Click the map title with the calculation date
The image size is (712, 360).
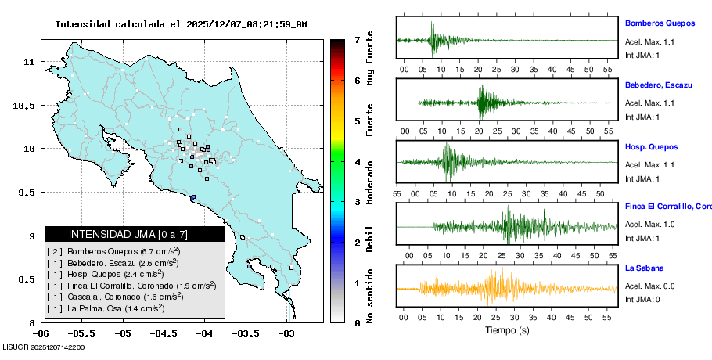point(181,24)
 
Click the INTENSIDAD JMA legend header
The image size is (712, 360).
point(135,234)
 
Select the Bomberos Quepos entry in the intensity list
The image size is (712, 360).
point(114,251)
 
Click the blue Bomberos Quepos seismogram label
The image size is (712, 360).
point(666,23)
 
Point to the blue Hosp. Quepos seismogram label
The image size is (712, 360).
point(651,146)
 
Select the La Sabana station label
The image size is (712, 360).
point(644,268)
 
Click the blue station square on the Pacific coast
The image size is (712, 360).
point(192,197)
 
